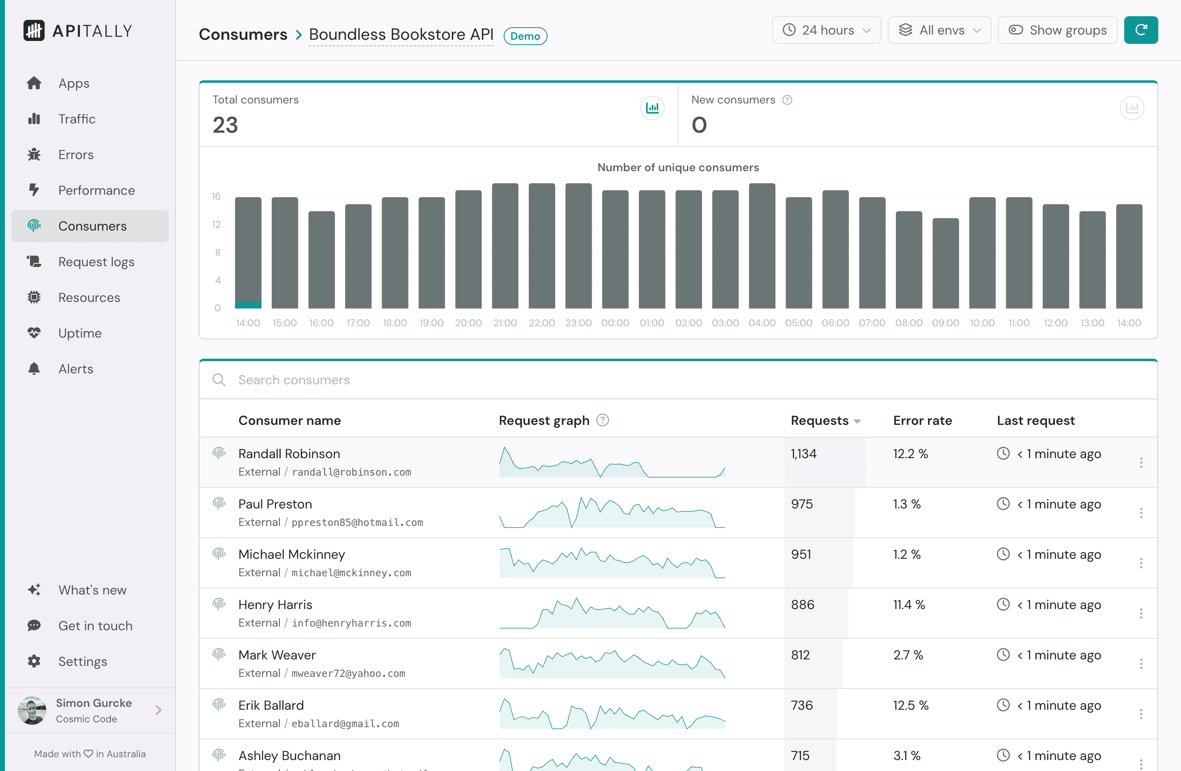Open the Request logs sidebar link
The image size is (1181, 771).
click(96, 262)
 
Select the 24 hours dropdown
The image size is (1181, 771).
click(826, 30)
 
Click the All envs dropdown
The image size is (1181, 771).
click(939, 30)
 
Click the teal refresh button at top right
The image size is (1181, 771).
click(1140, 30)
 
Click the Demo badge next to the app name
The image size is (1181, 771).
click(525, 36)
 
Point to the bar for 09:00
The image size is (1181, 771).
click(945, 263)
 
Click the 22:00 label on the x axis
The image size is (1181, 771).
click(541, 323)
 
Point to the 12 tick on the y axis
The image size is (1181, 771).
click(216, 224)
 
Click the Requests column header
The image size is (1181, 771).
click(820, 420)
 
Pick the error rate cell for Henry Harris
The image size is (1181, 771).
click(908, 605)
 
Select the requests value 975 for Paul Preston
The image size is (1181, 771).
click(802, 504)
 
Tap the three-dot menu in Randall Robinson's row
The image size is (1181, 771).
click(1141, 463)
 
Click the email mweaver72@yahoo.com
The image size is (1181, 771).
click(348, 674)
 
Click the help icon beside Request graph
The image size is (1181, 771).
click(602, 420)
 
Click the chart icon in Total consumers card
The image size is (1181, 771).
click(652, 108)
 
